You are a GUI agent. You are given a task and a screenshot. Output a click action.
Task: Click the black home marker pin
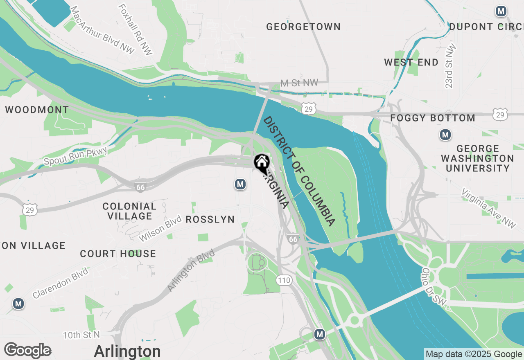[x=261, y=163]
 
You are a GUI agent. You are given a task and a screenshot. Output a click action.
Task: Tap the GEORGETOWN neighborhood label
[x=303, y=27]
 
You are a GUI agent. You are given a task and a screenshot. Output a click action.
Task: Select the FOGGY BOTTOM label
[x=433, y=118]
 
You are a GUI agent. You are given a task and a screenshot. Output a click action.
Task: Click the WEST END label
[x=411, y=63]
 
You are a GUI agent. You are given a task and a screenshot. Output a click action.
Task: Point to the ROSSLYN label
[x=210, y=220]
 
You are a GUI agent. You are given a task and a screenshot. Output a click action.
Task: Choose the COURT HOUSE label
[x=118, y=254]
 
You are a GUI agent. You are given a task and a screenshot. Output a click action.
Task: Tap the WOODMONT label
[x=37, y=110]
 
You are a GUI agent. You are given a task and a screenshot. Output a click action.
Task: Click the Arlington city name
[x=127, y=351]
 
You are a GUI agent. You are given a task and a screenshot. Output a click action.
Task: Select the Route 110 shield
[x=284, y=280]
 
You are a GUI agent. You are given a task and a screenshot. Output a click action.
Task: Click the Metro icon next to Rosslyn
[x=240, y=184]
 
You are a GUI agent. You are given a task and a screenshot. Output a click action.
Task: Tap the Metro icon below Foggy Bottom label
[x=445, y=134]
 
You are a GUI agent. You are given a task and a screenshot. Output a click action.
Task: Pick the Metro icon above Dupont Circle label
[x=501, y=11]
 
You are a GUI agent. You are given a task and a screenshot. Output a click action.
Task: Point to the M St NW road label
[x=299, y=83]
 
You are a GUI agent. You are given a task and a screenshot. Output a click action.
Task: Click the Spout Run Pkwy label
[x=75, y=156]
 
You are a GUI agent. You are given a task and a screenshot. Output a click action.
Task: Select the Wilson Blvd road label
[x=160, y=229]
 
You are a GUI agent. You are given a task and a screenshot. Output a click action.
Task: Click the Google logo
[x=27, y=351]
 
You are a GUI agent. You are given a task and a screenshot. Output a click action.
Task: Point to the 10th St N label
[x=81, y=335]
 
